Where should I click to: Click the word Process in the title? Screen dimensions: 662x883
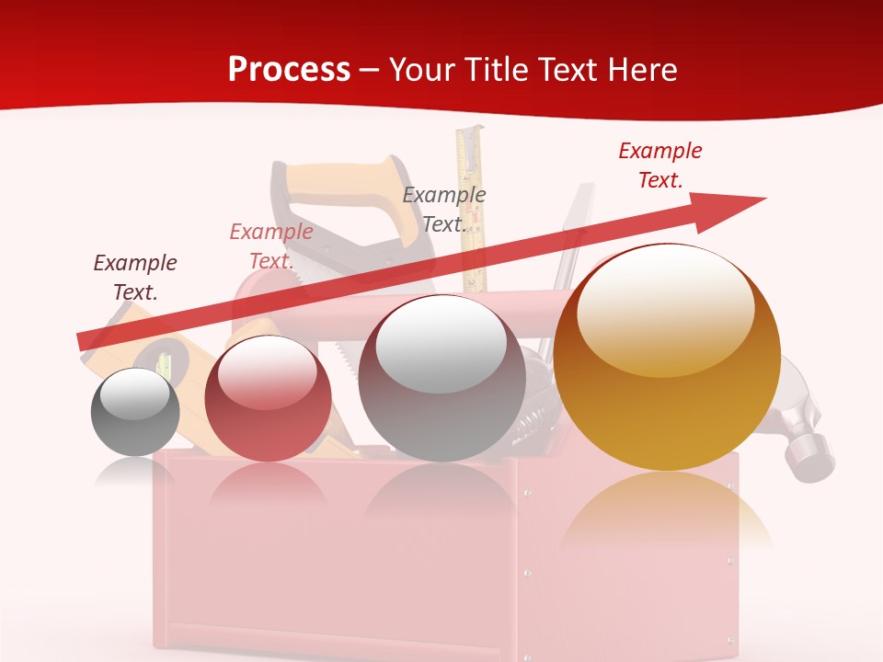pos(289,69)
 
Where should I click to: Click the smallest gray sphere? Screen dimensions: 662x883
pos(135,413)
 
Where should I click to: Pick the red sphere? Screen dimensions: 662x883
pos(268,399)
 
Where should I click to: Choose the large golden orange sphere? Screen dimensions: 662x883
pos(667,359)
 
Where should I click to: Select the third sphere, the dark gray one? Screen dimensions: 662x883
pos(441,379)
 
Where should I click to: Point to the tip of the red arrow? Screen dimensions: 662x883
pos(763,199)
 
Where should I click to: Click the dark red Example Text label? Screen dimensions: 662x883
pos(135,277)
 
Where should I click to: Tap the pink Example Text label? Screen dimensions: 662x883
pos(271,245)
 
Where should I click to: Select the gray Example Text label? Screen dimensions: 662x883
pos(444,209)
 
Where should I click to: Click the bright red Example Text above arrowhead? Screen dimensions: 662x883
pos(660,165)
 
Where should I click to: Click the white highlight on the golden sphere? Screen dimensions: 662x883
pos(665,308)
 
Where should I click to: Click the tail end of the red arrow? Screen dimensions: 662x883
pos(83,341)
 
